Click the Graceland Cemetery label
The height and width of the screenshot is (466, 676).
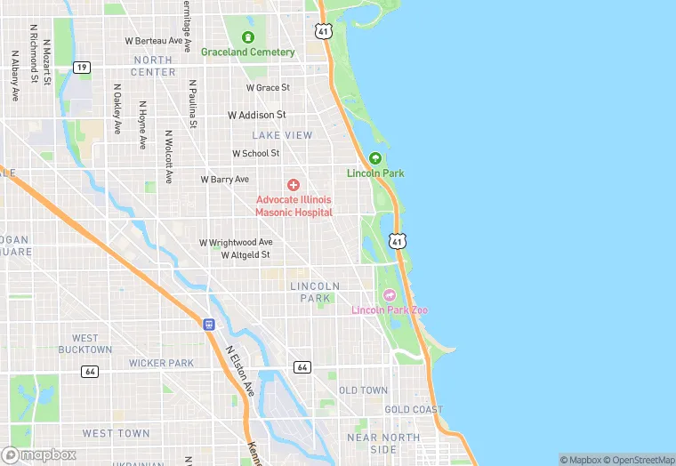[x=247, y=52]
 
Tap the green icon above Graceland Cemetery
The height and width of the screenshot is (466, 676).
[x=247, y=37]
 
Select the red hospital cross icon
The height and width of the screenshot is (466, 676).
[x=294, y=185]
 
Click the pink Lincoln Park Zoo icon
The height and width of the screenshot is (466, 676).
[x=389, y=295]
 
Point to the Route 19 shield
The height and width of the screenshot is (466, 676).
[x=82, y=68]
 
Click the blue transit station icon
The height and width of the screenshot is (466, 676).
[x=209, y=325]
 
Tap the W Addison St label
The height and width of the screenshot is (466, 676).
[x=256, y=116]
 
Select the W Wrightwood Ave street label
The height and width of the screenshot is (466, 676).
[x=236, y=242]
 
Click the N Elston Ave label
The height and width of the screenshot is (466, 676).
[x=239, y=372]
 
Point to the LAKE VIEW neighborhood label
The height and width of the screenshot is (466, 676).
[x=282, y=135]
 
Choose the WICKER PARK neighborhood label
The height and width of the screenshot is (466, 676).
[x=161, y=363]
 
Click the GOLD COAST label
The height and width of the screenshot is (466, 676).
[x=413, y=410]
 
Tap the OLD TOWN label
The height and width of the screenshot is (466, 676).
[x=363, y=390]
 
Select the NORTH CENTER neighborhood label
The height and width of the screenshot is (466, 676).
[x=154, y=66]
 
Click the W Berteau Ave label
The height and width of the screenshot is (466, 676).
[x=153, y=41]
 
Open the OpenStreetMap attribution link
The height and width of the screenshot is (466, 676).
[x=640, y=460]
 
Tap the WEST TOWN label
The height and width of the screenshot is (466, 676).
[x=116, y=433]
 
